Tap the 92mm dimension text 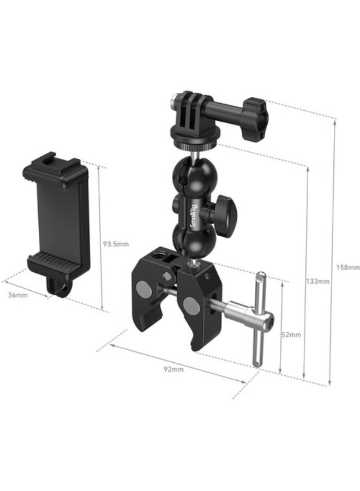coord(174,369)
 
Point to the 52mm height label coord(291,334)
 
